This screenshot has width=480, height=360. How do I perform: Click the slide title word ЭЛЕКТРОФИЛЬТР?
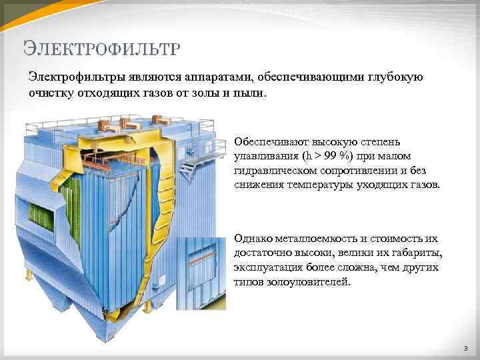coord(101,48)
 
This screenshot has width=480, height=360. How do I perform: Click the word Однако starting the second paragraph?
coord(252,239)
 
